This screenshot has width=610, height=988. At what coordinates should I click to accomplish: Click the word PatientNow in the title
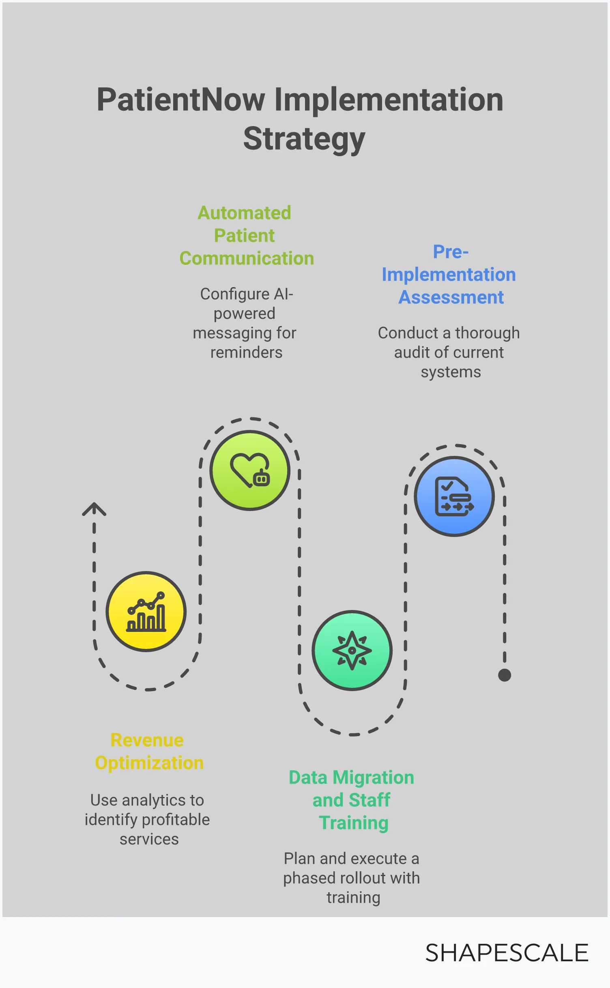pos(180,100)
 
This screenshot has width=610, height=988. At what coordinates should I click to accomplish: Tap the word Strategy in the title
pos(304,139)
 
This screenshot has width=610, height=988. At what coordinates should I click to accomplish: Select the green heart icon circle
pos(250,470)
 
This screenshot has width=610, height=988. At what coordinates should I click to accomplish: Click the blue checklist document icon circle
pos(454,496)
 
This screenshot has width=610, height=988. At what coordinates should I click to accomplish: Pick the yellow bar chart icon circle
pos(146,612)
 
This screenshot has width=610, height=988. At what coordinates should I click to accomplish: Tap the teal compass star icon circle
pos(352,651)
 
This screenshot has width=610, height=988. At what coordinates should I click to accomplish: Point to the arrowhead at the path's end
pos(94,509)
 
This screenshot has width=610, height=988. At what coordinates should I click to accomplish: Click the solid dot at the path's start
pos(505,675)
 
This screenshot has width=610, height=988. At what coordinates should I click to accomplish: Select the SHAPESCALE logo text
pos(507,953)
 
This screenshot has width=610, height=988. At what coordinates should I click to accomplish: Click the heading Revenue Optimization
pos(148,752)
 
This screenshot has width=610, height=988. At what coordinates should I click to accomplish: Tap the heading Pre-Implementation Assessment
pos(450,275)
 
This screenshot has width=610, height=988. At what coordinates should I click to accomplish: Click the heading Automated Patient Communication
pos(246,236)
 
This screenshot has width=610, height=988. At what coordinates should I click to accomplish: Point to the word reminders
pos(246,352)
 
